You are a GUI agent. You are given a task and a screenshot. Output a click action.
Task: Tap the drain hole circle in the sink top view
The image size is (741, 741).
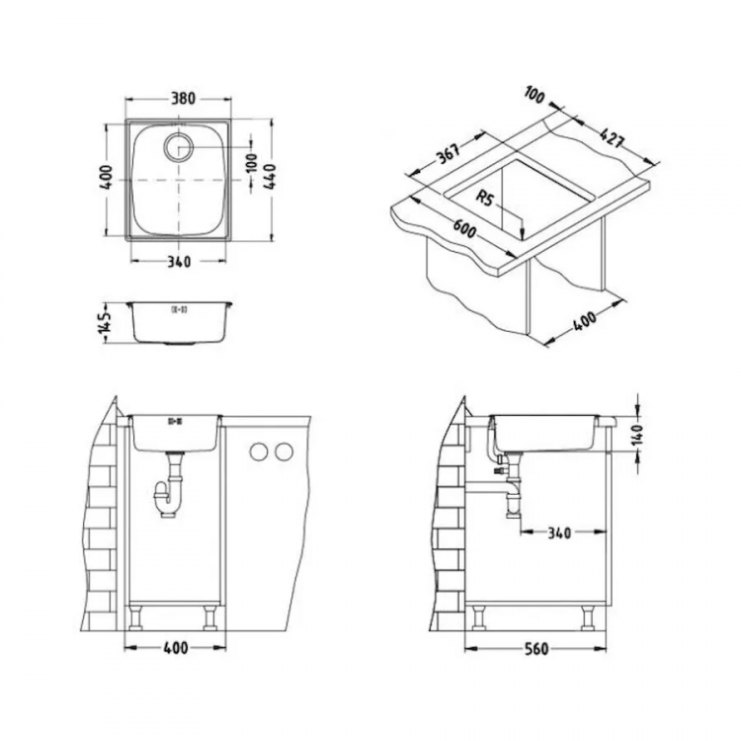pyautogui.click(x=183, y=147)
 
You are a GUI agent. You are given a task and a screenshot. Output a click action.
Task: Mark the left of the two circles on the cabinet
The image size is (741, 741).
pyautogui.click(x=259, y=452)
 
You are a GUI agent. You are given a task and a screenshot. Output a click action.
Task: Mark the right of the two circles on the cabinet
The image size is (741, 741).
pyautogui.click(x=284, y=452)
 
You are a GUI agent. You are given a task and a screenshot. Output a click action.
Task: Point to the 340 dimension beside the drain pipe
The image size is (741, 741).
pyautogui.click(x=559, y=534)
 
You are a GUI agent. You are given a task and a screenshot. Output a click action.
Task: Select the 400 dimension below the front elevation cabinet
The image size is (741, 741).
pyautogui.click(x=174, y=649)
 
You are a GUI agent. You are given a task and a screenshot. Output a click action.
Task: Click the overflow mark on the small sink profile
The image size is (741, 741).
pyautogui.click(x=180, y=309)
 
